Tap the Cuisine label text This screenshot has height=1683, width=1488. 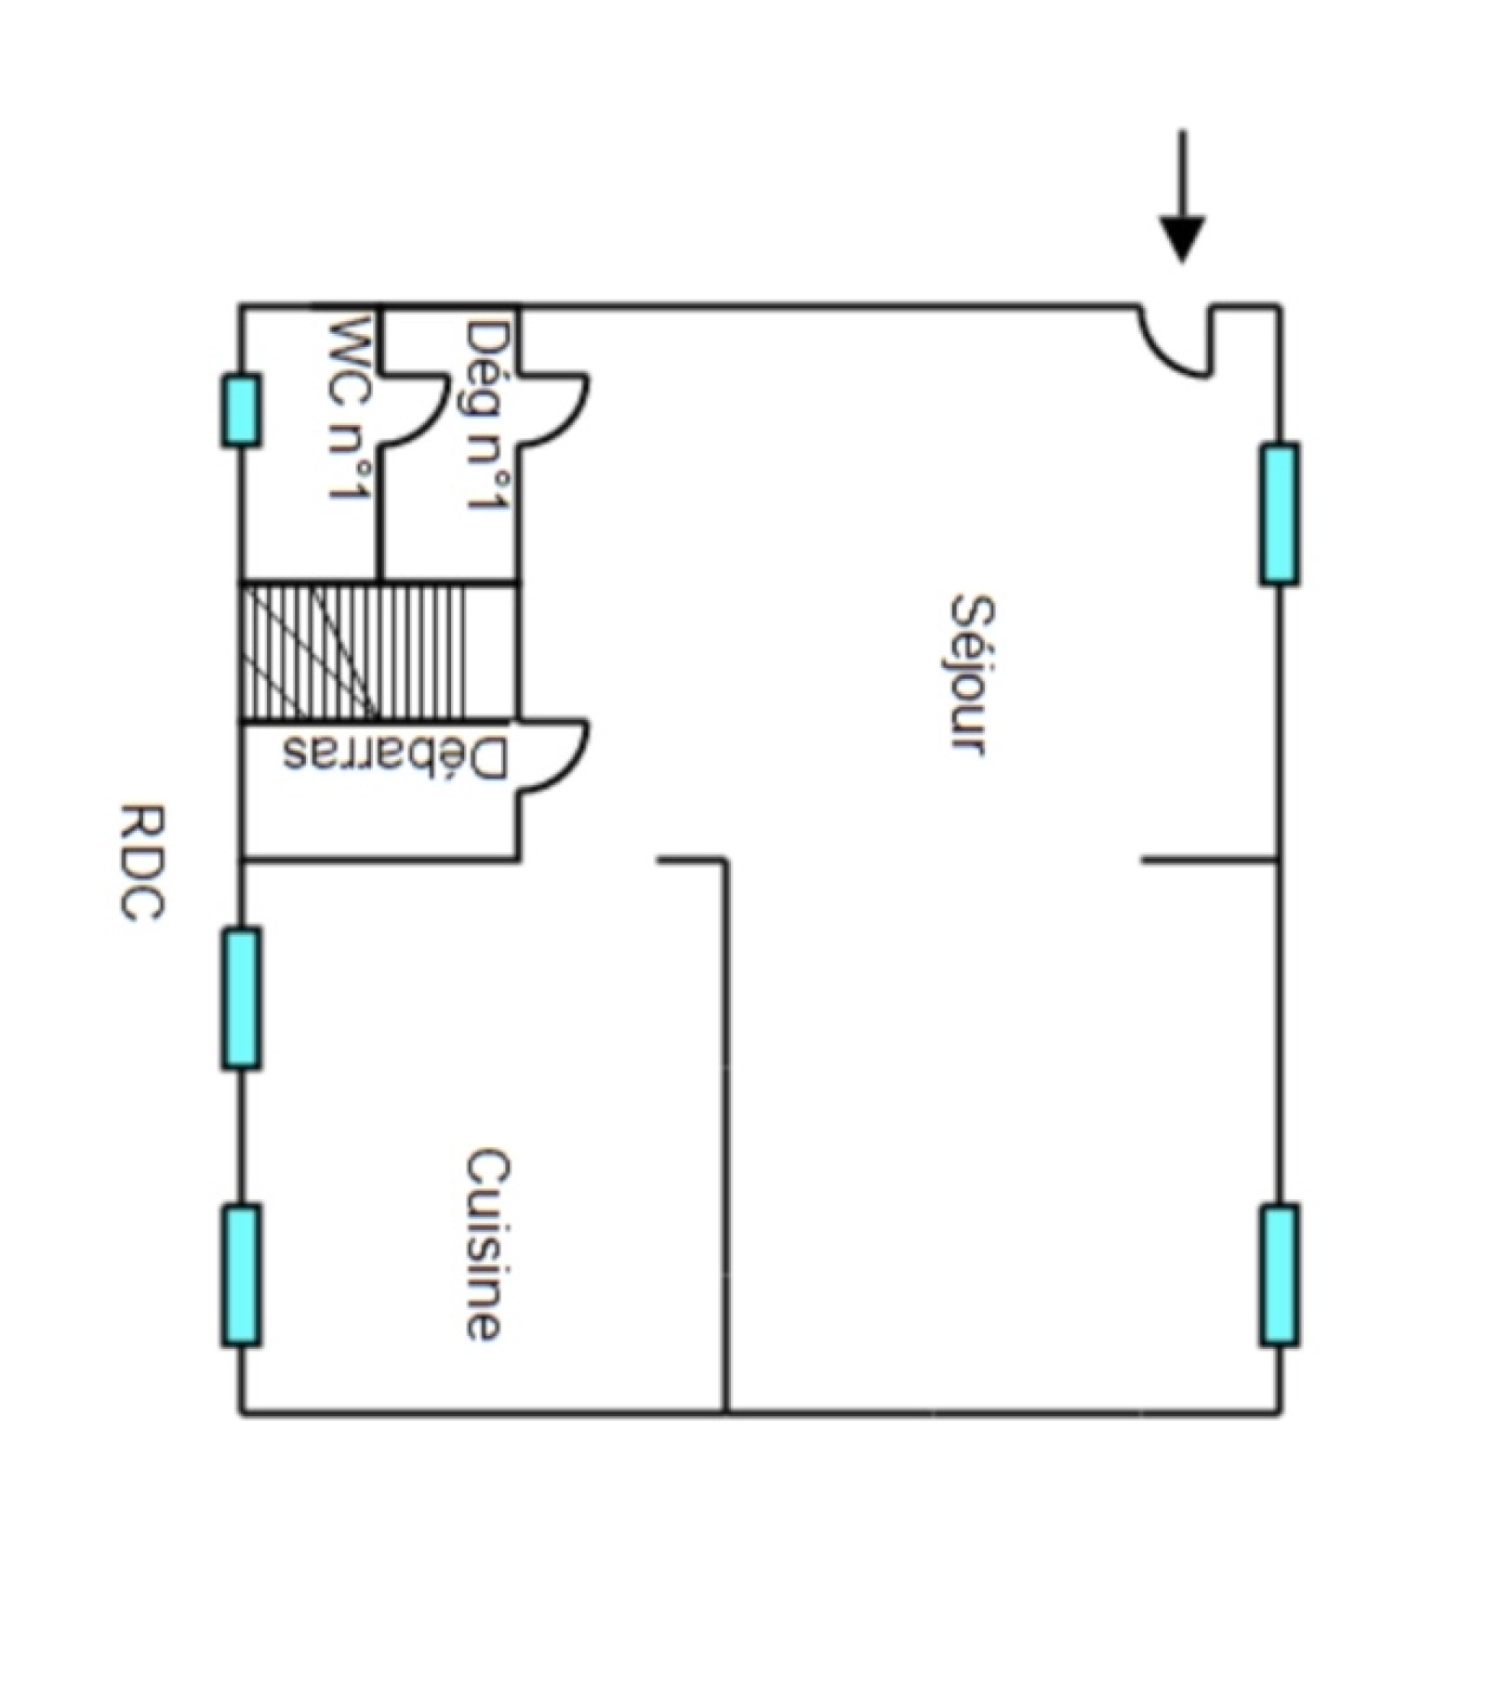[x=485, y=1245]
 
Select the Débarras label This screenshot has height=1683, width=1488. [x=396, y=754]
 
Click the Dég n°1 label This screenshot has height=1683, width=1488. [x=487, y=416]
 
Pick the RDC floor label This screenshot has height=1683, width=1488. [x=142, y=862]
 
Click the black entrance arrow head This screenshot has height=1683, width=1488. [x=1182, y=239]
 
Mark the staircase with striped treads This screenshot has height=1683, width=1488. [x=377, y=651]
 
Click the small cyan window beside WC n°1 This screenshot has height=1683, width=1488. [x=240, y=410]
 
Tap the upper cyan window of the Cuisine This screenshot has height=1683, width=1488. [x=241, y=997]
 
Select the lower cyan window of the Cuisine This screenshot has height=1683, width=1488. [x=241, y=1275]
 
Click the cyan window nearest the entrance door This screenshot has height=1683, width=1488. [x=1280, y=514]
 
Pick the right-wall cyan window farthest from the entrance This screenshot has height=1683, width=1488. [x=1280, y=1275]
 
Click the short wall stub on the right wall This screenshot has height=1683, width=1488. [x=1209, y=859]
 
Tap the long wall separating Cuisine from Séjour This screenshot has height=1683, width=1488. [x=725, y=1135]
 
